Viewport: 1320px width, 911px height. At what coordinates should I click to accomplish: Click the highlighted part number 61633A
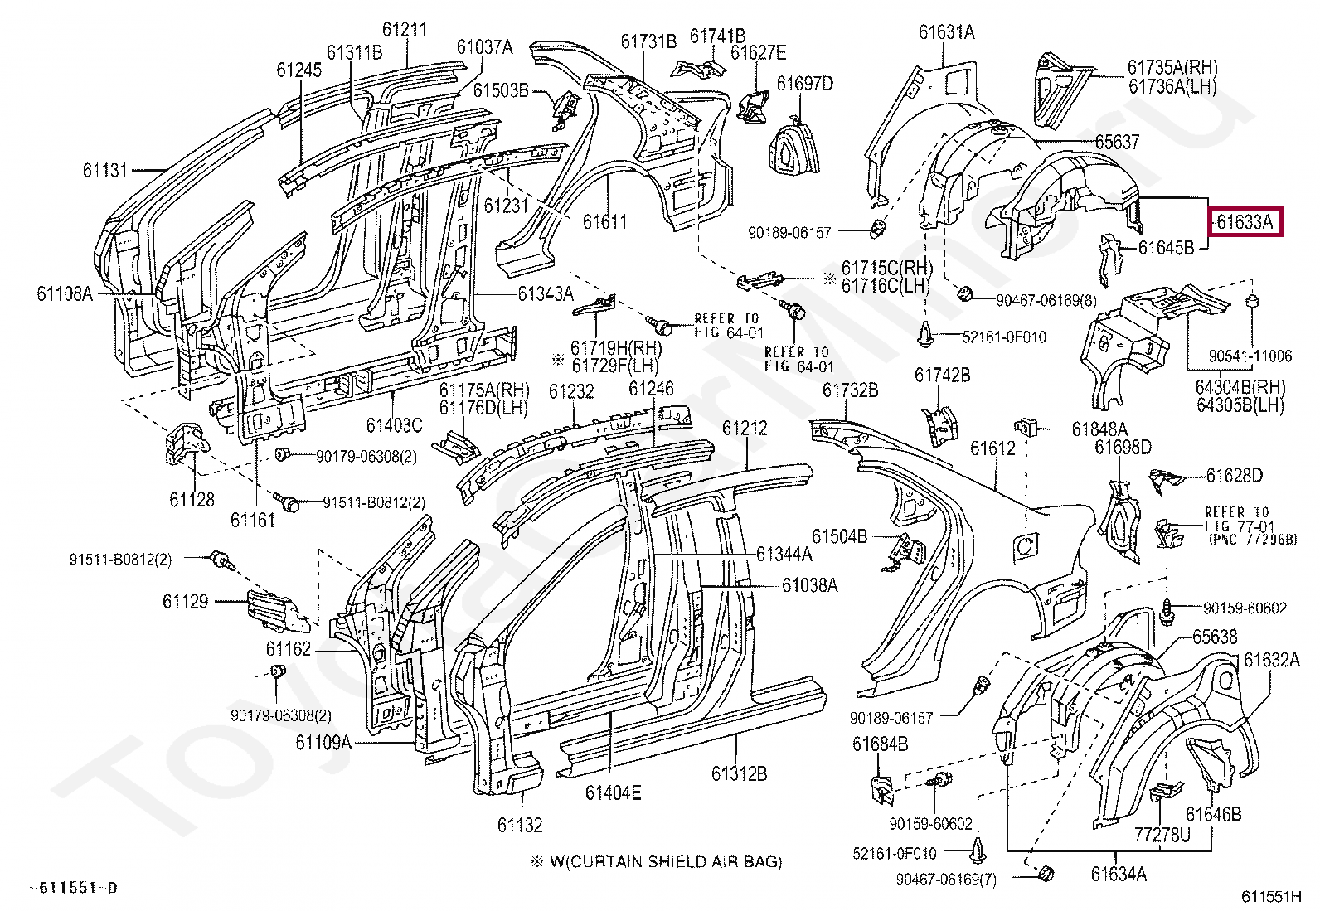click(x=1245, y=222)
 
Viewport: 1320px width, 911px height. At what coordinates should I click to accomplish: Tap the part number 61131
click(x=105, y=171)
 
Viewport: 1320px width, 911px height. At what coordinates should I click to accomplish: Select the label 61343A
click(x=546, y=293)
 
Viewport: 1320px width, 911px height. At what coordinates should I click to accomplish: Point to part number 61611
click(x=604, y=222)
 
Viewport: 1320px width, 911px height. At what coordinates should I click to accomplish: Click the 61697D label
click(x=804, y=84)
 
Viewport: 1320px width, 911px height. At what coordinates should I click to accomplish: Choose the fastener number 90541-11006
click(x=1250, y=356)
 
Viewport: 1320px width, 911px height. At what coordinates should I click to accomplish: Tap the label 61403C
click(x=394, y=426)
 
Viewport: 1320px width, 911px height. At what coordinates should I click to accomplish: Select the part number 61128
click(x=192, y=499)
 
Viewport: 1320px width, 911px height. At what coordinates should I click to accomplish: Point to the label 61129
click(x=185, y=602)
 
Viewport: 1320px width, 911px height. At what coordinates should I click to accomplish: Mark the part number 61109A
click(x=323, y=743)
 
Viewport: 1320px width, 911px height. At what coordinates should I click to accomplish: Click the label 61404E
click(x=613, y=793)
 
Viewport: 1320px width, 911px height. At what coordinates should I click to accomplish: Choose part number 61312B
click(x=739, y=773)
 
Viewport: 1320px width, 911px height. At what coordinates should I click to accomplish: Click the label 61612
click(x=992, y=448)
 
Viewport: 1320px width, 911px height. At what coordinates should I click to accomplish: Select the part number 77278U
click(x=1162, y=834)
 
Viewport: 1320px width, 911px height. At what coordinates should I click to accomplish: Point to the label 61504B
click(x=839, y=536)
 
